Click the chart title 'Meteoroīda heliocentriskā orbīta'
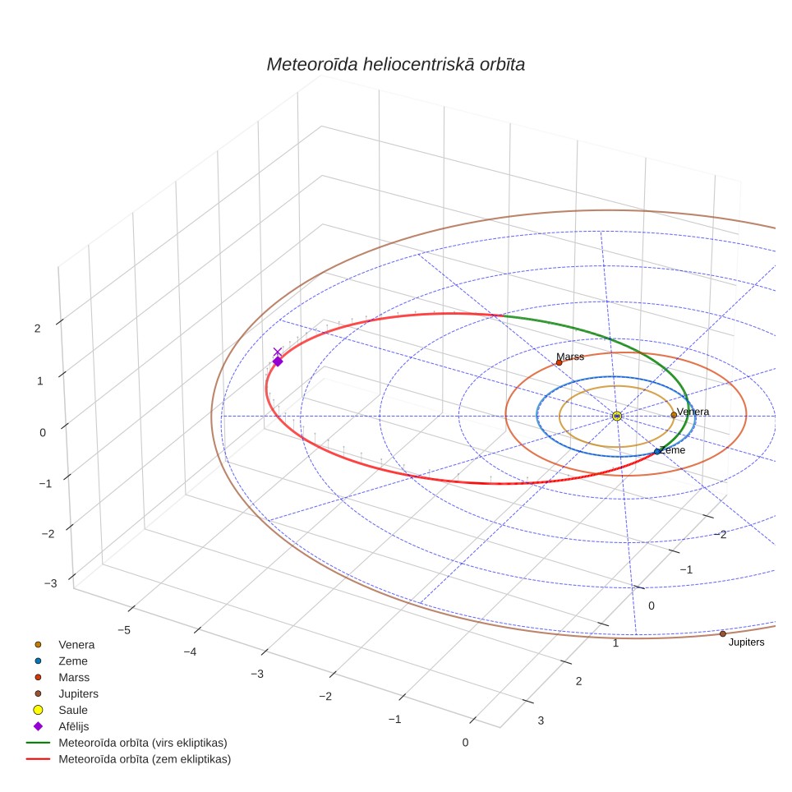[x=395, y=65]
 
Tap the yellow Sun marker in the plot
[x=617, y=417]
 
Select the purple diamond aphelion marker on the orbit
[x=278, y=361]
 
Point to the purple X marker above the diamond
[x=278, y=352]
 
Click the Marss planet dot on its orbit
[x=559, y=362]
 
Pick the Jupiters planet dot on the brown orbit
[x=722, y=634]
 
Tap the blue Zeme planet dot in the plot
[x=657, y=452]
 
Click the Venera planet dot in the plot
[x=674, y=415]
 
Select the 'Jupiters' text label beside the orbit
[x=746, y=642]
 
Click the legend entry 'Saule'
[x=73, y=710]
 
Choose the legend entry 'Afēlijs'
[x=73, y=726]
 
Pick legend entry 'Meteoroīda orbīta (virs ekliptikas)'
[x=142, y=743]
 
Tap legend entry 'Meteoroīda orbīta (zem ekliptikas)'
[x=145, y=759]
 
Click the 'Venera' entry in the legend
[x=76, y=644]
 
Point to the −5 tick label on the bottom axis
[x=124, y=630]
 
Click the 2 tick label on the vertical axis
[x=37, y=329]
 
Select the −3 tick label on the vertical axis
[x=50, y=583]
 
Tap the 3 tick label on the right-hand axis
[x=541, y=721]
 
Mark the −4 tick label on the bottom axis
[x=190, y=652]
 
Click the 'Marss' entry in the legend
[x=74, y=677]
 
